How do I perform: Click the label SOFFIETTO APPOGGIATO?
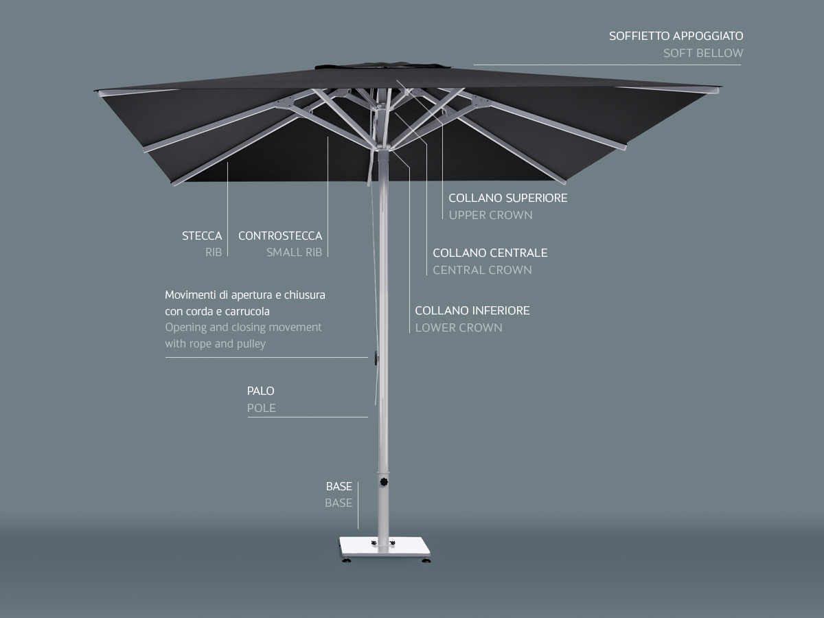point(676,36)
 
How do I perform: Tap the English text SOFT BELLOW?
point(702,53)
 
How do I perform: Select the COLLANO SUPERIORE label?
point(507,198)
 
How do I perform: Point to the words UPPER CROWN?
point(490,215)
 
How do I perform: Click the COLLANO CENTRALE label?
point(490,253)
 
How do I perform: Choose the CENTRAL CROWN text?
point(482,270)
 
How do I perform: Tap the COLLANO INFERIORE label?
point(472,310)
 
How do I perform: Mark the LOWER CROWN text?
point(458,328)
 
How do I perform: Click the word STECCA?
point(202,236)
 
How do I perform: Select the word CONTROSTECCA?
point(280,236)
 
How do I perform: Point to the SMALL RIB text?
point(294,252)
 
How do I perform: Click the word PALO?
point(260,391)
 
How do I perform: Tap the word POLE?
point(261,408)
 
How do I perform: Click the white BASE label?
point(339,486)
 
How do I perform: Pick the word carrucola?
point(247,311)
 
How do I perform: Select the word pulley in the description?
point(249,343)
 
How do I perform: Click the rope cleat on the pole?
point(376,357)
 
